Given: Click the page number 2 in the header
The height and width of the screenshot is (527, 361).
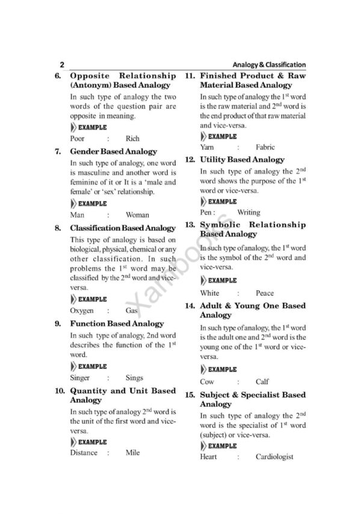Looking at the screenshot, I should (62, 65).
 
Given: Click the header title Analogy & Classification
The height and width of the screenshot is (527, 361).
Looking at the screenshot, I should (269, 65).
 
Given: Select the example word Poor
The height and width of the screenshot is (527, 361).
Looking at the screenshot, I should (78, 139).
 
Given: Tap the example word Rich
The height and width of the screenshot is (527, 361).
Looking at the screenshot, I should (132, 139).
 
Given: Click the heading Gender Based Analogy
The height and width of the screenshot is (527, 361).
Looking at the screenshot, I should (114, 152).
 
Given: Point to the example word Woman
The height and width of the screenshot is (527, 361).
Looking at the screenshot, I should (138, 215).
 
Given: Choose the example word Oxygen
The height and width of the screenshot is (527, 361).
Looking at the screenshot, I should (82, 311).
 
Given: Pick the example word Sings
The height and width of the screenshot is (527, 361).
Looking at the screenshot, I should (135, 378).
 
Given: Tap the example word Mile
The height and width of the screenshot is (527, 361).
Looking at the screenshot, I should (132, 452).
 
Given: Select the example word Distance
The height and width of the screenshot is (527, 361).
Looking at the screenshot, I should (84, 452).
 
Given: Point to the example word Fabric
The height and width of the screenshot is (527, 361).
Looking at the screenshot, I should (265, 147).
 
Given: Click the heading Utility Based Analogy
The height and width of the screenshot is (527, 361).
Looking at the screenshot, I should (242, 160).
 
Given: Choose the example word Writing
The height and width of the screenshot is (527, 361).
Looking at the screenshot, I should (249, 212).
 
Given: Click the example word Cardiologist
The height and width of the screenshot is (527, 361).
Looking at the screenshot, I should (274, 457).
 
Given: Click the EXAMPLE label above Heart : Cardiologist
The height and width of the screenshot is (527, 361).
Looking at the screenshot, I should (222, 446).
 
